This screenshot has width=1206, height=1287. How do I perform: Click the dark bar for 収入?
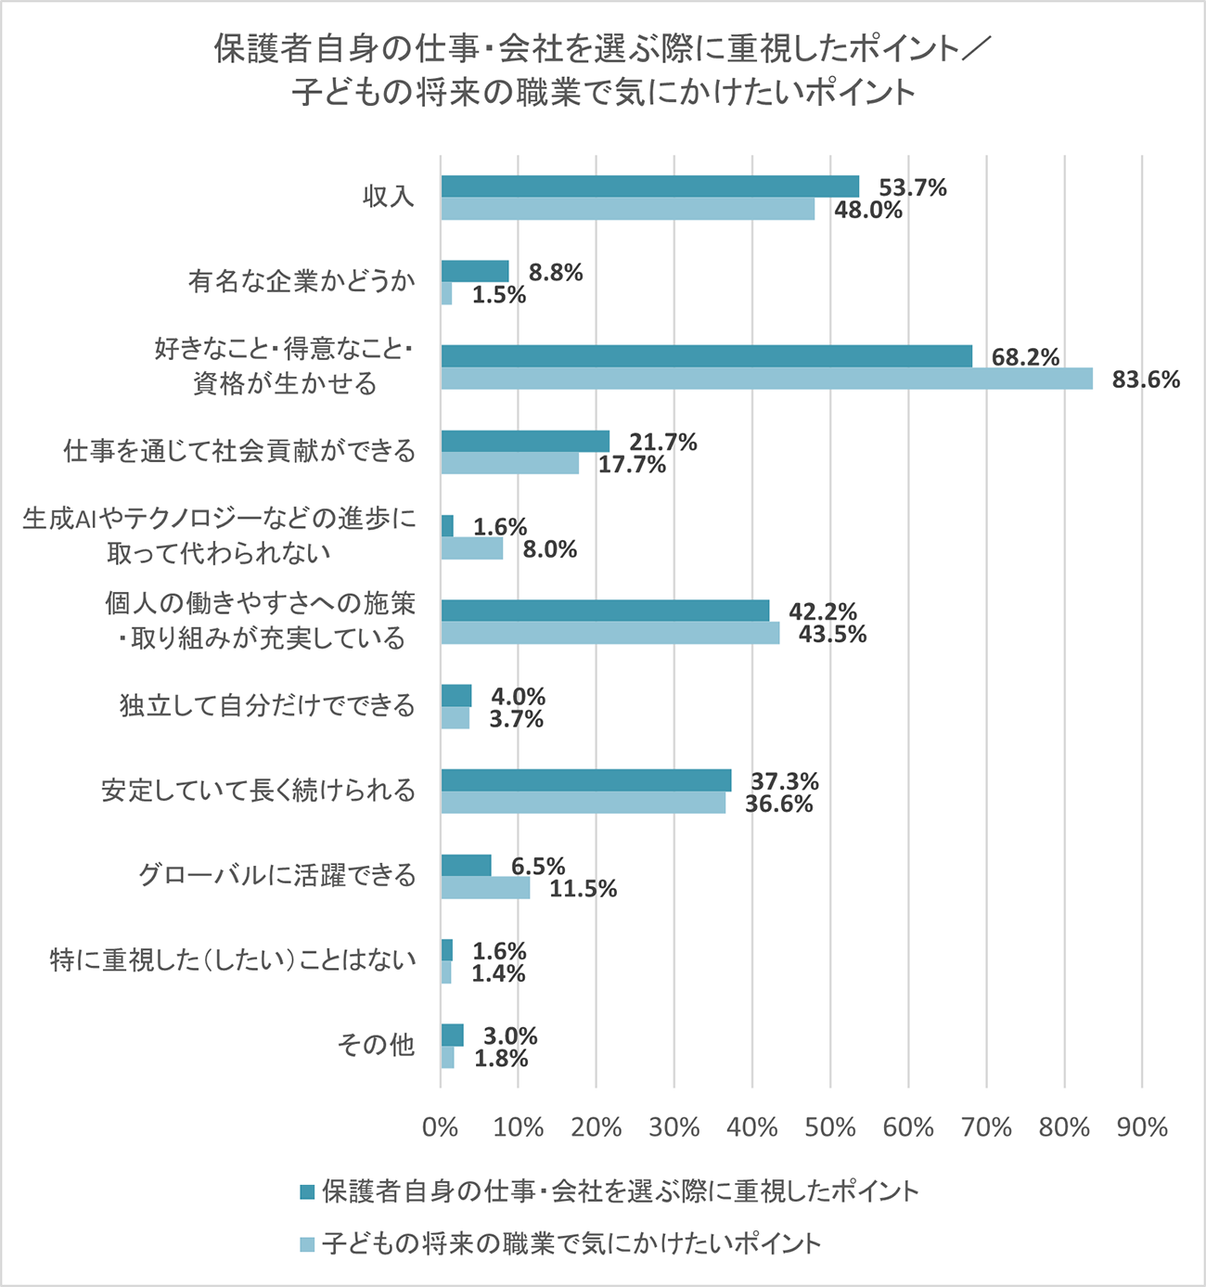point(649,187)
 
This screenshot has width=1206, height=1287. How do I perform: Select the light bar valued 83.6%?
point(766,379)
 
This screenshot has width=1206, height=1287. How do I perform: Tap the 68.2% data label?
point(1025,357)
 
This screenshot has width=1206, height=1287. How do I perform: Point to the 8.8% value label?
point(556,273)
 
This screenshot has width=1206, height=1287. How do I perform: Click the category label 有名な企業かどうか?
point(301,281)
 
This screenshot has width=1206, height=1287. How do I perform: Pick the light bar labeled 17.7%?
point(509,463)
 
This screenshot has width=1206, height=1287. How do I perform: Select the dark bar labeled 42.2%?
point(605,611)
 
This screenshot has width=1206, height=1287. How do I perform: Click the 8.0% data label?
point(549,550)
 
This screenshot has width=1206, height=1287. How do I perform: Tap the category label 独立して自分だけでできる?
point(267,706)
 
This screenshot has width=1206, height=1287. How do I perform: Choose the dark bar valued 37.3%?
point(585,780)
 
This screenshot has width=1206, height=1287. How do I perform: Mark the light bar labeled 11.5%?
point(485,888)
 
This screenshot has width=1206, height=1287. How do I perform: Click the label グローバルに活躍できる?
point(276,875)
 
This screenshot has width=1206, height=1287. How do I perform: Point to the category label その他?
point(376,1046)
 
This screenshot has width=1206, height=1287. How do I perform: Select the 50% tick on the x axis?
point(830,1127)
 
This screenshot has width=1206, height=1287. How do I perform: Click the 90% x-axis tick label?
point(1142,1127)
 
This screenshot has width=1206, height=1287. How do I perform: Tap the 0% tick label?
point(440,1127)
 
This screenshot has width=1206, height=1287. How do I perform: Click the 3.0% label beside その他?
point(509,1036)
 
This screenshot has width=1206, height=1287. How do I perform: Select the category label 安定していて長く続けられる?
point(258,791)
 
